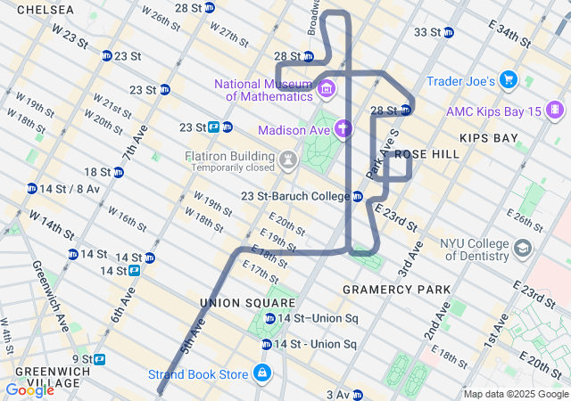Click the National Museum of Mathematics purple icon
326,88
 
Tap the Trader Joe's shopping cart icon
509,81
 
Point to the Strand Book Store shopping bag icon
262,373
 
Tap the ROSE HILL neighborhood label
426,154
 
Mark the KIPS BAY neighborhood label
489,138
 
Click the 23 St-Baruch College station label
295,196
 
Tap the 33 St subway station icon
449,33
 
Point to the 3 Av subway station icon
358,395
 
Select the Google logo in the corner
29,390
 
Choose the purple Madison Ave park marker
343,130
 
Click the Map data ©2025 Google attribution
516,394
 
